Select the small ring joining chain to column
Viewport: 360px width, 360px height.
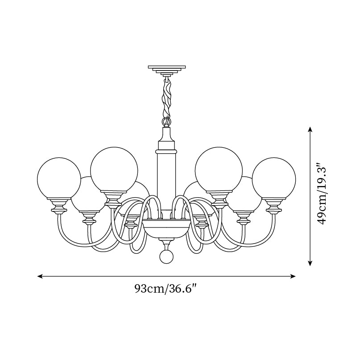(x=166, y=121)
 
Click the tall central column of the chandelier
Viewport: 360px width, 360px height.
(x=166, y=178)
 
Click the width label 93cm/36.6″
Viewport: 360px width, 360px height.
(x=166, y=289)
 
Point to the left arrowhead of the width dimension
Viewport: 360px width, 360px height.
(x=39, y=276)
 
